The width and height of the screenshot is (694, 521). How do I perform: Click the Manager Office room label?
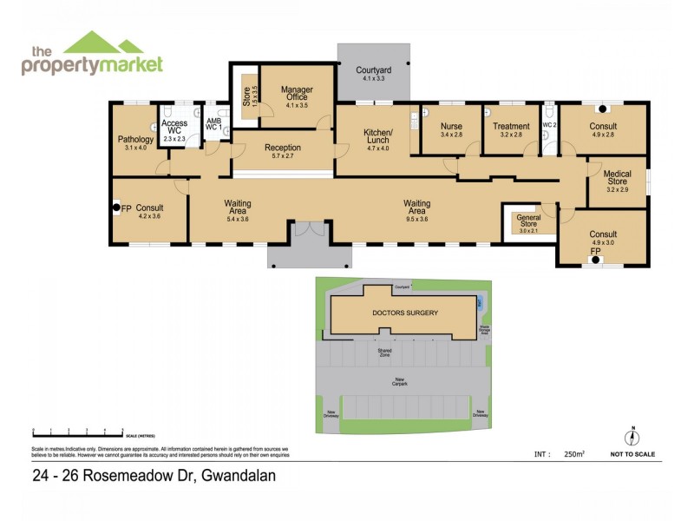(x=297, y=94)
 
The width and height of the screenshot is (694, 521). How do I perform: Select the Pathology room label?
(x=135, y=139)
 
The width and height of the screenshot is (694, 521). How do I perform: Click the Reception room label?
(x=283, y=148)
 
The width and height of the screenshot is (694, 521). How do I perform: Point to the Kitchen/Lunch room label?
(x=378, y=136)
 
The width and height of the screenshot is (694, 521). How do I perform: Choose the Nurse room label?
(x=452, y=126)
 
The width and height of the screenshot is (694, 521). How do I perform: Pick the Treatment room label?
(x=512, y=126)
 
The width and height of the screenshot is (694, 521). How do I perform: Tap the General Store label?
(x=528, y=221)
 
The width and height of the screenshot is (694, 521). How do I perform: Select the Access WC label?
(x=174, y=128)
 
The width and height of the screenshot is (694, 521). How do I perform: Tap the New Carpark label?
(x=400, y=380)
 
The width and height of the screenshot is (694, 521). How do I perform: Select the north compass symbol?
(x=633, y=437)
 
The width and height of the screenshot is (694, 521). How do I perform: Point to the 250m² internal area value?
(x=575, y=454)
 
